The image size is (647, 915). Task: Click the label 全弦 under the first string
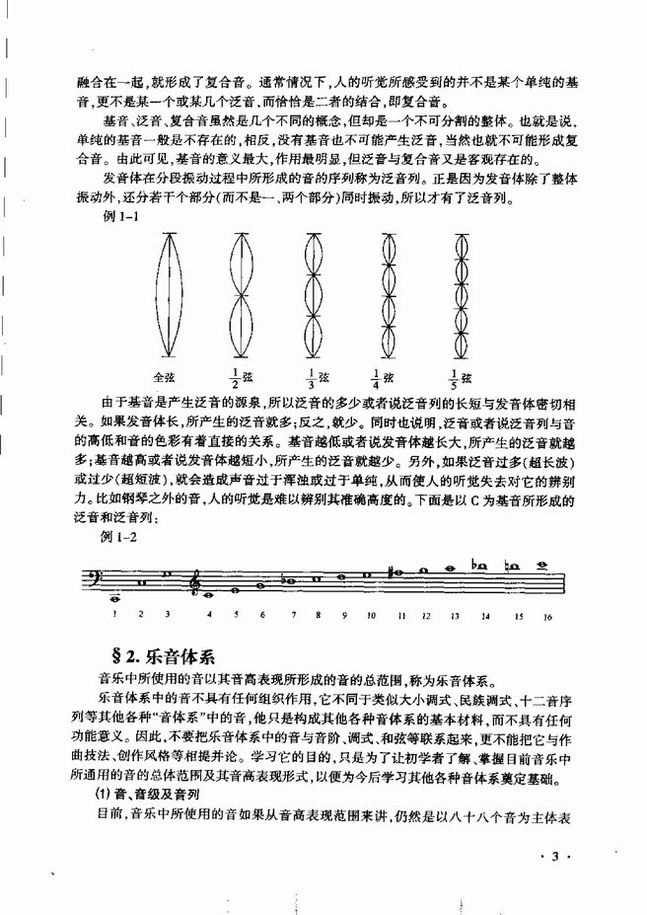pos(164,376)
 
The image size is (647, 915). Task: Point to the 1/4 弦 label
pos(382,376)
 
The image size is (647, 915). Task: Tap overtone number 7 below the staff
pos(291,614)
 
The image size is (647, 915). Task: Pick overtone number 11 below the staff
pos(400,614)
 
